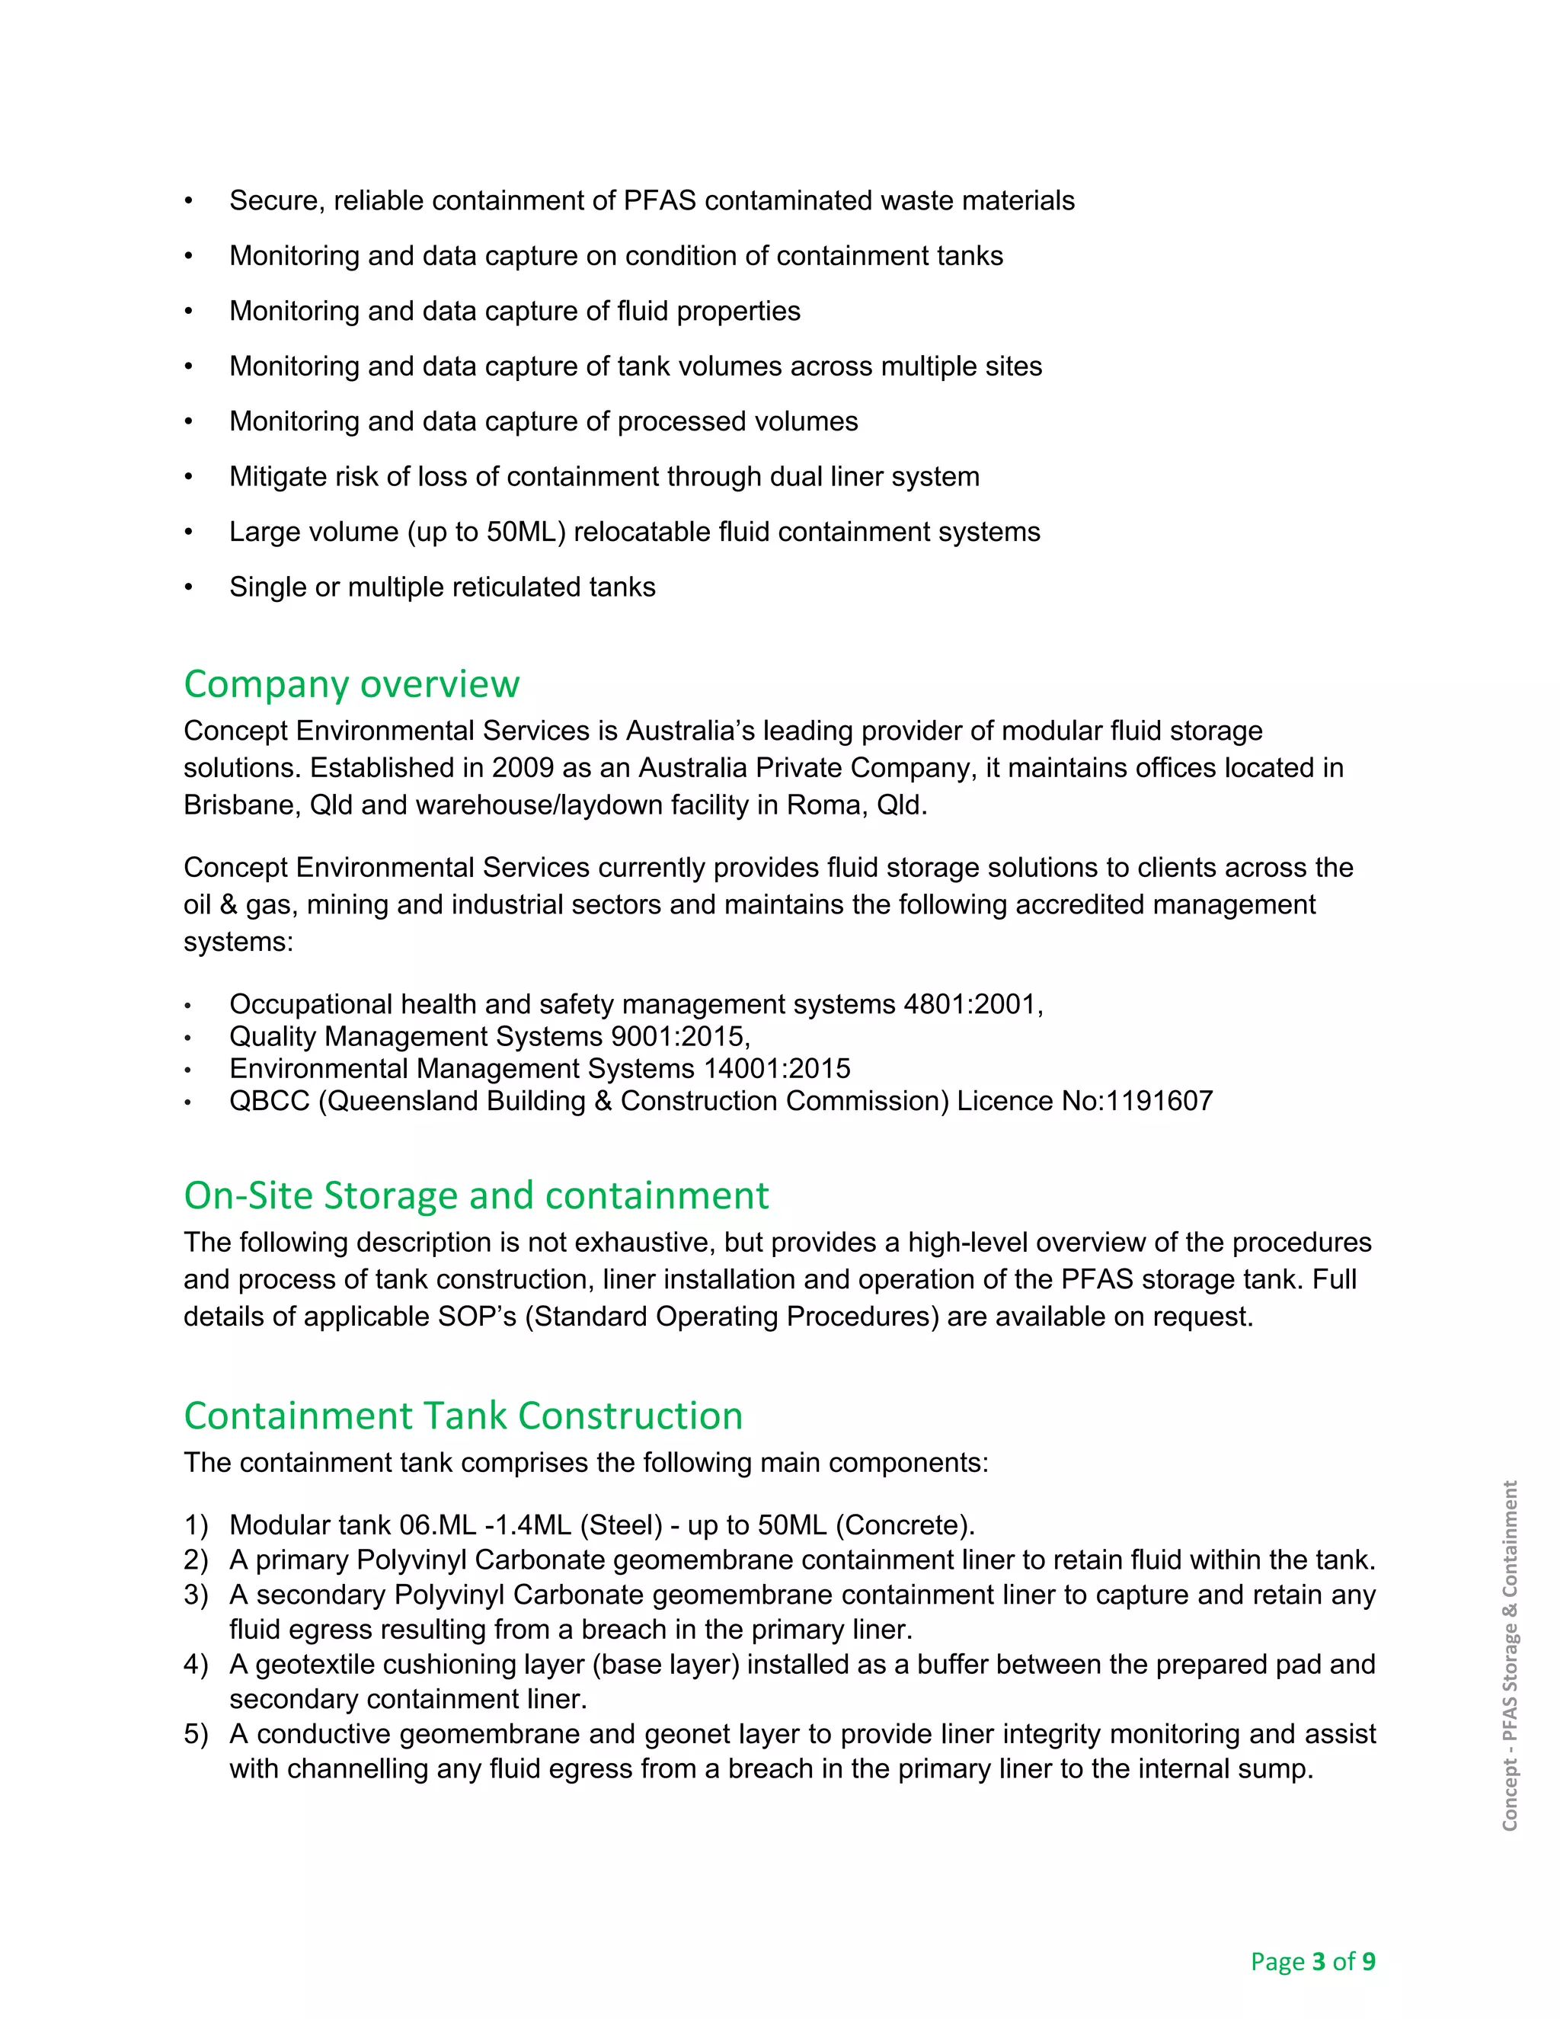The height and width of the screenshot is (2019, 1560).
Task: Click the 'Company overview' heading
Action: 351,685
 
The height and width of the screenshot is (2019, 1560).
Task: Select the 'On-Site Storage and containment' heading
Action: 476,1195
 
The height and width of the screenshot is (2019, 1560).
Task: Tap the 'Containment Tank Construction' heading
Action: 463,1416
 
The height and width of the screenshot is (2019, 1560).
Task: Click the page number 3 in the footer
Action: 1319,1961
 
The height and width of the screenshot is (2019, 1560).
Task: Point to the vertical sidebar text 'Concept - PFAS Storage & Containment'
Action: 1509,1656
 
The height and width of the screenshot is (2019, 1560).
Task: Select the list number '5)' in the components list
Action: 196,1734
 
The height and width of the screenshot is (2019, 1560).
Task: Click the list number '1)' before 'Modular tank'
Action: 196,1525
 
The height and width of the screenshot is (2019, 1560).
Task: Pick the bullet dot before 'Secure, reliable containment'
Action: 189,202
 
